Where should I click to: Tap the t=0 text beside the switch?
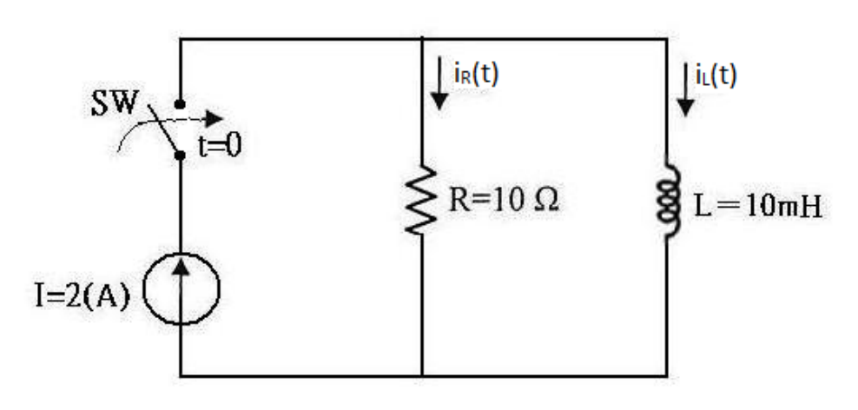220,147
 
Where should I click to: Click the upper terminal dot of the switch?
180,104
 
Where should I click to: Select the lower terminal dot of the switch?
180,155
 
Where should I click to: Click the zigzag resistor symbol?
421,201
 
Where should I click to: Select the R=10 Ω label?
504,201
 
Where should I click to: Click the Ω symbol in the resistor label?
546,202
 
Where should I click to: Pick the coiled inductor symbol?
669,201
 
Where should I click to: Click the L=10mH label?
758,207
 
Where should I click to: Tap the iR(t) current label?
476,75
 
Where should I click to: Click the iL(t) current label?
716,75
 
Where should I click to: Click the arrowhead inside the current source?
181,266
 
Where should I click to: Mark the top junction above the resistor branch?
422,39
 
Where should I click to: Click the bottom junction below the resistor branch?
422,376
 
